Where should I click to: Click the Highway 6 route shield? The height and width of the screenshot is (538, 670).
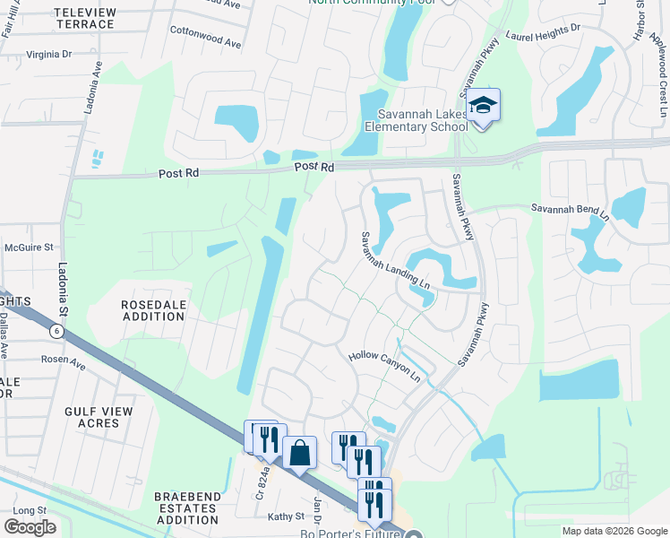point(58,331)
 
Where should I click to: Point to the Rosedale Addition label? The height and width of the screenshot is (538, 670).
point(154,311)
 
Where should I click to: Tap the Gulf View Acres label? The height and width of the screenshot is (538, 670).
point(99,417)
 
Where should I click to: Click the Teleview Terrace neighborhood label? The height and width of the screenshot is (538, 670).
point(85,18)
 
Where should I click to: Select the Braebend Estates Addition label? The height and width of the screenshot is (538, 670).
point(186,508)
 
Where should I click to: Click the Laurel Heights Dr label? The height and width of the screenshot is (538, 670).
point(543,33)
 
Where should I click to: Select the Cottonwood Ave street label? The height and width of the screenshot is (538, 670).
point(207,42)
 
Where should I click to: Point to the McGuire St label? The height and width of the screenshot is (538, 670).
point(30,246)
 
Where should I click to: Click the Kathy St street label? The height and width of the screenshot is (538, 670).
point(287,516)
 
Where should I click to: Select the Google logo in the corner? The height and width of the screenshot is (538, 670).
point(30,527)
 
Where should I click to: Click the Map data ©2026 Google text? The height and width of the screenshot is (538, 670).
point(614,531)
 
